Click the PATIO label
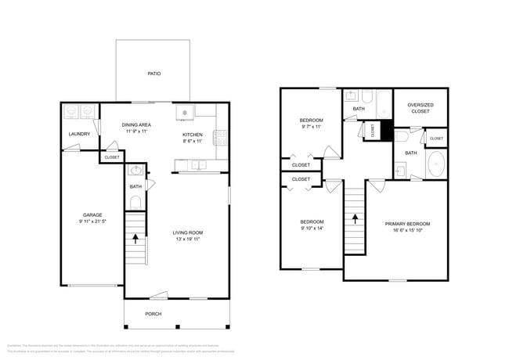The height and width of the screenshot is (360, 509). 154,74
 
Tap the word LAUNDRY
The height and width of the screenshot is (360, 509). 79,134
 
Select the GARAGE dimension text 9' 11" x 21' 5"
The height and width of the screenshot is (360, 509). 93,222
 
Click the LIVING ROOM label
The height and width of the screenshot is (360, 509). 188,232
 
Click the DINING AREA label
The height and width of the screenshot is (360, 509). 137,124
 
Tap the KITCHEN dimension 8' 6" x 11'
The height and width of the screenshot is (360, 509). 193,142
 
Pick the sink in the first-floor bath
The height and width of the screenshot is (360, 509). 136,171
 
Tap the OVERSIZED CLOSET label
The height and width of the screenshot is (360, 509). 421,108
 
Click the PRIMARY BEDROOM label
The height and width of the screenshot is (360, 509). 407,224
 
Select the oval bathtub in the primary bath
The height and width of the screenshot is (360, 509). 435,166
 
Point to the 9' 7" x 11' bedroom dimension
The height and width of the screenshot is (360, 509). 312,127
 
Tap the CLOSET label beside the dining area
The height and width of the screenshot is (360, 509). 111,157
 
